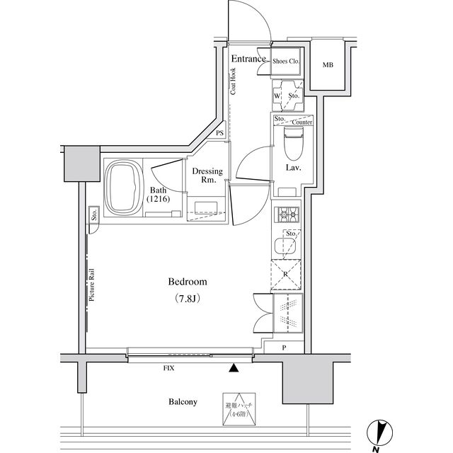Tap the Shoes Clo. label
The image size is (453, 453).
(x=286, y=62)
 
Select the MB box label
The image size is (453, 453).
(x=328, y=66)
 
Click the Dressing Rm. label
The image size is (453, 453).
(x=207, y=176)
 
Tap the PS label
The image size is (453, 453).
(x=220, y=133)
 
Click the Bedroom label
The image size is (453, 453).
(x=187, y=282)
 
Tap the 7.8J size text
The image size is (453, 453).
(x=187, y=299)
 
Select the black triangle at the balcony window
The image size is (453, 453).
(x=234, y=367)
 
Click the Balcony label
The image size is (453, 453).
(x=183, y=401)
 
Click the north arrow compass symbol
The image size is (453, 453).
(x=382, y=432)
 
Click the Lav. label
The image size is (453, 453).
(x=294, y=168)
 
